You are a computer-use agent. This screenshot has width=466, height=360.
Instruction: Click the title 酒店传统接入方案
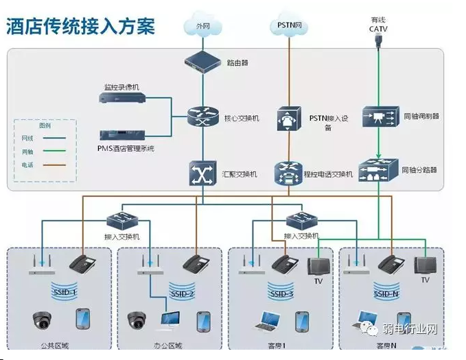pos(80,26)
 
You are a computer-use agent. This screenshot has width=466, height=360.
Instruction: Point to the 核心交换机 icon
pos(202,117)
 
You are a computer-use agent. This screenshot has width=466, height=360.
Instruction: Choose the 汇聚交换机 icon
pos(202,173)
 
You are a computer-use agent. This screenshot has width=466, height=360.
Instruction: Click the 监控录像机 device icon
pos(121,99)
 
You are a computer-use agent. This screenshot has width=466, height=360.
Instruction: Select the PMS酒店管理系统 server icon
pos(121,135)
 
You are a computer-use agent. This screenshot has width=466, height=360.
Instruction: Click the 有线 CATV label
pos(378,25)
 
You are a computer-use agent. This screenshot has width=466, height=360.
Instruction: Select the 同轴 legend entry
pos(28,152)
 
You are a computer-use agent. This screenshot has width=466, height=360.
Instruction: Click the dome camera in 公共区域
pos(42,320)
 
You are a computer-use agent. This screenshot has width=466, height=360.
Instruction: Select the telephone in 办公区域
pos(196,263)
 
